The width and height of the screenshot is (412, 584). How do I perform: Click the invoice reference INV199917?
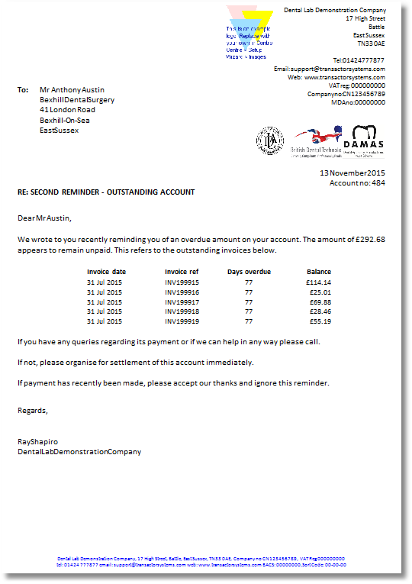pyautogui.click(x=182, y=302)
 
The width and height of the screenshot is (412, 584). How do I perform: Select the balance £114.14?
pyautogui.click(x=318, y=282)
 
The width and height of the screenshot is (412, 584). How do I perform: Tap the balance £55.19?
pyautogui.click(x=318, y=321)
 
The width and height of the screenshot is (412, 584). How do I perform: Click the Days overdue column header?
pyautogui.click(x=249, y=272)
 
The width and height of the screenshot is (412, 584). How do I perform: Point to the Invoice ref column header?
pyautogui.click(x=182, y=272)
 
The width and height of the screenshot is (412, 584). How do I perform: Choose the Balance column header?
pyautogui.click(x=319, y=272)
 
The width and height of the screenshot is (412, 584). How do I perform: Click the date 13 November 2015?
pyautogui.click(x=352, y=173)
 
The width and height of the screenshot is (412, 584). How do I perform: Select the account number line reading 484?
pyautogui.click(x=357, y=183)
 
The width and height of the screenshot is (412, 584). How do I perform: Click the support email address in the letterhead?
pyautogui.click(x=330, y=69)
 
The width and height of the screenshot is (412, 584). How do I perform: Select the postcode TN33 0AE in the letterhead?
pyautogui.click(x=371, y=44)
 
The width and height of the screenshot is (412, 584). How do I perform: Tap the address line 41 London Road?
pyautogui.click(x=67, y=110)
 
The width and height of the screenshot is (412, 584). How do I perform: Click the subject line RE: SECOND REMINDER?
pyautogui.click(x=105, y=192)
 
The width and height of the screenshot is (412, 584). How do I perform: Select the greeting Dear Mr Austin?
pyautogui.click(x=44, y=218)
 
